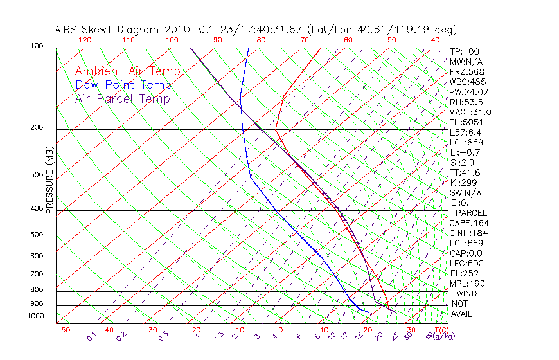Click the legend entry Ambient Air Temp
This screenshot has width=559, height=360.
click(127, 71)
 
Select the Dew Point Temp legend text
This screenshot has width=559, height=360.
click(123, 85)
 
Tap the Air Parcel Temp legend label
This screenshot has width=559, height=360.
click(122, 98)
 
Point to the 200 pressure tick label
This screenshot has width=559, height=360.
click(37, 127)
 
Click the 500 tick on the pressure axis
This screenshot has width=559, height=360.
click(37, 235)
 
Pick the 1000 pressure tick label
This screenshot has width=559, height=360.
click(35, 316)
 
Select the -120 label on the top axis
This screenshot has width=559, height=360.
click(82, 40)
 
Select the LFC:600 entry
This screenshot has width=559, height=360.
click(466, 264)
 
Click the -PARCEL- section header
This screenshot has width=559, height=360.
click(471, 213)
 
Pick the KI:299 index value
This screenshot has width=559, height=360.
click(464, 183)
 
